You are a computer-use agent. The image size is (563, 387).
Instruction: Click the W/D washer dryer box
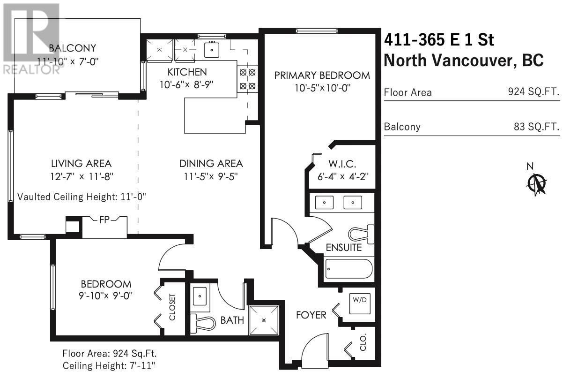360,304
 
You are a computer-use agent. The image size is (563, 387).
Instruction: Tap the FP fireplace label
104,220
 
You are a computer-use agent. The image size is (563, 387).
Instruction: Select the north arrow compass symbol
537,184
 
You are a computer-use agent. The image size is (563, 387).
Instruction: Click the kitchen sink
212,50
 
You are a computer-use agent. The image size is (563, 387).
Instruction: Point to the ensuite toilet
361,234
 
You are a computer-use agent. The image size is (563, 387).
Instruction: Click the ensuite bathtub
349,269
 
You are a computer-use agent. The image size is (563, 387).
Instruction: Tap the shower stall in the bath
264,320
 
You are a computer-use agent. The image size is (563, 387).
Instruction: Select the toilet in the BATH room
203,323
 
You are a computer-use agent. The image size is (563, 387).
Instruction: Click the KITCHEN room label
187,72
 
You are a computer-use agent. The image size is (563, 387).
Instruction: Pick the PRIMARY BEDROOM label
322,75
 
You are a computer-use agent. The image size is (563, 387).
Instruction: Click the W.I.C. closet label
342,165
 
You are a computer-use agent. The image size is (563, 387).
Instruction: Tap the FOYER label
311,315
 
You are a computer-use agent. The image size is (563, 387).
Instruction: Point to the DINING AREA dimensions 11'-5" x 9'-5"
211,176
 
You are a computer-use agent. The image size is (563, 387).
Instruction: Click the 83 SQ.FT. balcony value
537,127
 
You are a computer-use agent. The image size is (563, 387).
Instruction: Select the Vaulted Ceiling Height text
81,197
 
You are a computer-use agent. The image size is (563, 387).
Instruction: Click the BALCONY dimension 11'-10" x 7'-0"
68,61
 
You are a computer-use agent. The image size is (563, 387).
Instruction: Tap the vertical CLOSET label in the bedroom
172,307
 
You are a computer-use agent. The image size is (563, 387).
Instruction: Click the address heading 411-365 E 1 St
439,40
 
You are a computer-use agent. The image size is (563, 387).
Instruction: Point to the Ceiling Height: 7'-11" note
109,365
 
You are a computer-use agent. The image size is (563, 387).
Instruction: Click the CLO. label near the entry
363,342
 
